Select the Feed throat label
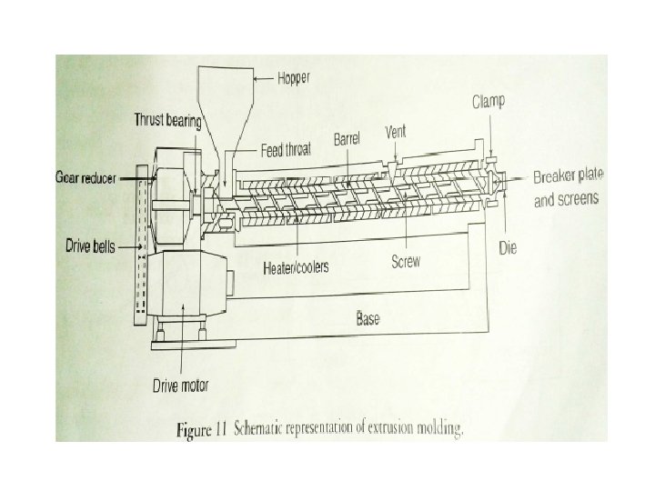pos(285,151)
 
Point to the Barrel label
pos(348,139)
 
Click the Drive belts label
pos(90,246)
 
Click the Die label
pos(508,246)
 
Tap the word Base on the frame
pos(368,319)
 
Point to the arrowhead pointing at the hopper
pos(257,80)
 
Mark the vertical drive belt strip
pos(139,245)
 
